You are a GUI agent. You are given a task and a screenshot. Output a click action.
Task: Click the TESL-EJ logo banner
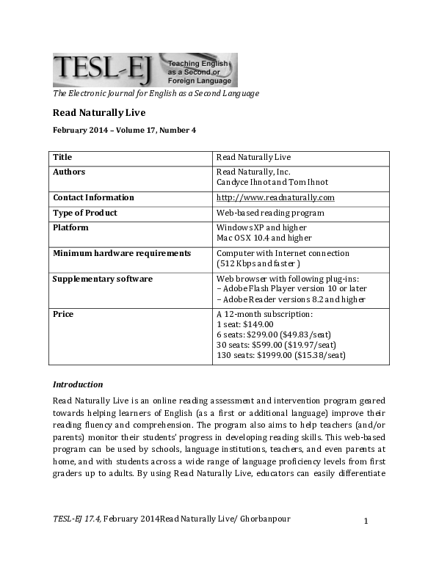(x=145, y=70)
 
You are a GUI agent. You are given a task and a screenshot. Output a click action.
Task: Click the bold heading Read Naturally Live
(x=98, y=113)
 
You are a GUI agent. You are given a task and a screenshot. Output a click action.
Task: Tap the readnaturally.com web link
(x=275, y=197)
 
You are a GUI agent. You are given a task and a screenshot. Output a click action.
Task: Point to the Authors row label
(x=69, y=172)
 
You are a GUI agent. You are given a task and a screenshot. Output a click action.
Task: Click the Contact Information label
(x=93, y=197)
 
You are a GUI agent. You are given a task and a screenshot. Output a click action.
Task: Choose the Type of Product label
(x=85, y=213)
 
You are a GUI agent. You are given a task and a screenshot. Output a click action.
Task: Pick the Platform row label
(x=70, y=227)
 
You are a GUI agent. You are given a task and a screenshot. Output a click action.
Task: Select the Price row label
(x=63, y=314)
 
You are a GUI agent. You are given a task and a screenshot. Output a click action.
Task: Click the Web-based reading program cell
(x=270, y=213)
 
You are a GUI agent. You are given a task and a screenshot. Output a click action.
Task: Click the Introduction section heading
(x=78, y=384)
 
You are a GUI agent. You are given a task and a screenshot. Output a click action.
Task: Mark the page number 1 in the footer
(x=366, y=521)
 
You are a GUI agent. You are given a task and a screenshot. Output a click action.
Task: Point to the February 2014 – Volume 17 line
(x=124, y=131)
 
